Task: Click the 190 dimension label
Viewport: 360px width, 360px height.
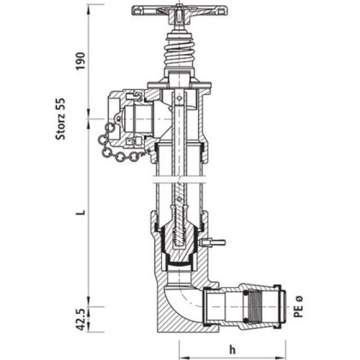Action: tap(80, 60)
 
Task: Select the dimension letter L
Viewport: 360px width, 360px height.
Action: tap(80, 213)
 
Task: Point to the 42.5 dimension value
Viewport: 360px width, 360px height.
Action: tap(80, 319)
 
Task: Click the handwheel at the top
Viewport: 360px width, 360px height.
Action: tap(178, 11)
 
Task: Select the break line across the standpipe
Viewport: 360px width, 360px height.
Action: tap(178, 181)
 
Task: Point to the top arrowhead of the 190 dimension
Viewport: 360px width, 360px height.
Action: tap(88, 7)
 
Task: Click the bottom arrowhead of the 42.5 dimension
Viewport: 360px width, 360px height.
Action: tap(88, 330)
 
